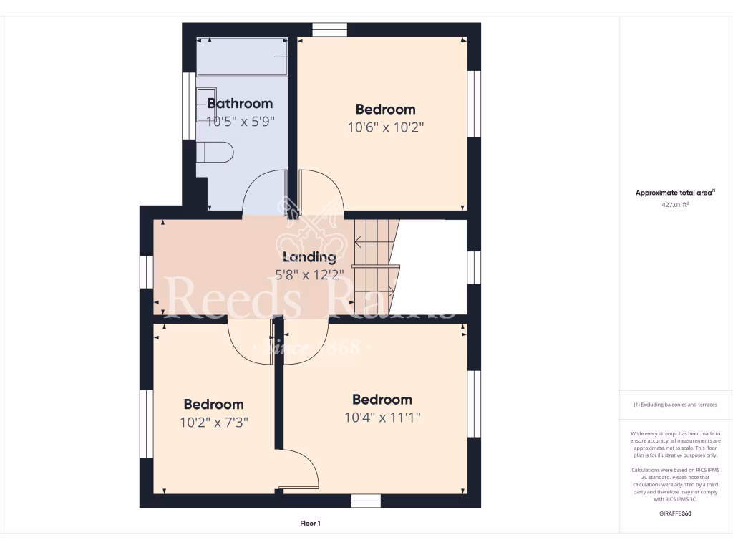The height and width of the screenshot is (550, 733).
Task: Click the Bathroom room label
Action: click(240, 104)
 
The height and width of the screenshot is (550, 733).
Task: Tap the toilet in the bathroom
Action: click(215, 153)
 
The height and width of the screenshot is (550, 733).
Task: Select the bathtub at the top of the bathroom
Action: click(243, 57)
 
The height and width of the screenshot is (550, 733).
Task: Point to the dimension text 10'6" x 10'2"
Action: click(385, 127)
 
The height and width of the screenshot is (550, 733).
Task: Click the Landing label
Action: click(309, 257)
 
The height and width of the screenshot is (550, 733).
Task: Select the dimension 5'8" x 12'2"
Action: click(309, 274)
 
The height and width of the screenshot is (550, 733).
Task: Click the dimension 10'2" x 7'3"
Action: click(213, 423)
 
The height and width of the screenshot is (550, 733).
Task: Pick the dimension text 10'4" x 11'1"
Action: click(382, 418)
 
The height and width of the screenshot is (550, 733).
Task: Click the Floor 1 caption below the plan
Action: click(310, 524)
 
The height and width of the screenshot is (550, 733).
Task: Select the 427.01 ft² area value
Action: click(676, 205)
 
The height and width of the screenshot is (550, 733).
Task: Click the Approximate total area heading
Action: click(675, 193)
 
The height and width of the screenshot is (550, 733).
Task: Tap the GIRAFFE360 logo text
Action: click(676, 513)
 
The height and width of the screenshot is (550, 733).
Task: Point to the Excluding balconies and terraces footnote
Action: click(675, 405)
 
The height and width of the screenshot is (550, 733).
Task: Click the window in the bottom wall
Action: click(366, 501)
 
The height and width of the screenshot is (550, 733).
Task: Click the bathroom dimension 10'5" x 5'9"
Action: click(241, 122)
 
